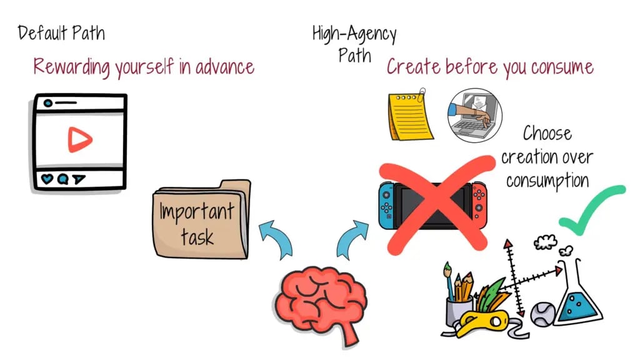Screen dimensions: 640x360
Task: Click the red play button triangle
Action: click(79, 139)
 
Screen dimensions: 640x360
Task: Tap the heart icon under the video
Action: click(47, 179)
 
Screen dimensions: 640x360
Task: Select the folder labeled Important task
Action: click(202, 219)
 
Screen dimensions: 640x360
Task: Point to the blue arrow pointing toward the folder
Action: click(277, 237)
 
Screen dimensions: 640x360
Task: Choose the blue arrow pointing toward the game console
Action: click(351, 239)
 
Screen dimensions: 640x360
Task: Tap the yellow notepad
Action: click(410, 115)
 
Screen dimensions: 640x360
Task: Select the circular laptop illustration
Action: click(475, 116)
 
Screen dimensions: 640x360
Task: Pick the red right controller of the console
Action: click(479, 205)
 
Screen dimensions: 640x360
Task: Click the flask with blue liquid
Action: click(577, 296)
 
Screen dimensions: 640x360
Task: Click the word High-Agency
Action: click(354, 34)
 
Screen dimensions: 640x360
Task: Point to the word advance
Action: click(225, 67)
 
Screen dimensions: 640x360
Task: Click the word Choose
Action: click(547, 134)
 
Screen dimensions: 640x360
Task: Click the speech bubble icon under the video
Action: click(62, 179)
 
